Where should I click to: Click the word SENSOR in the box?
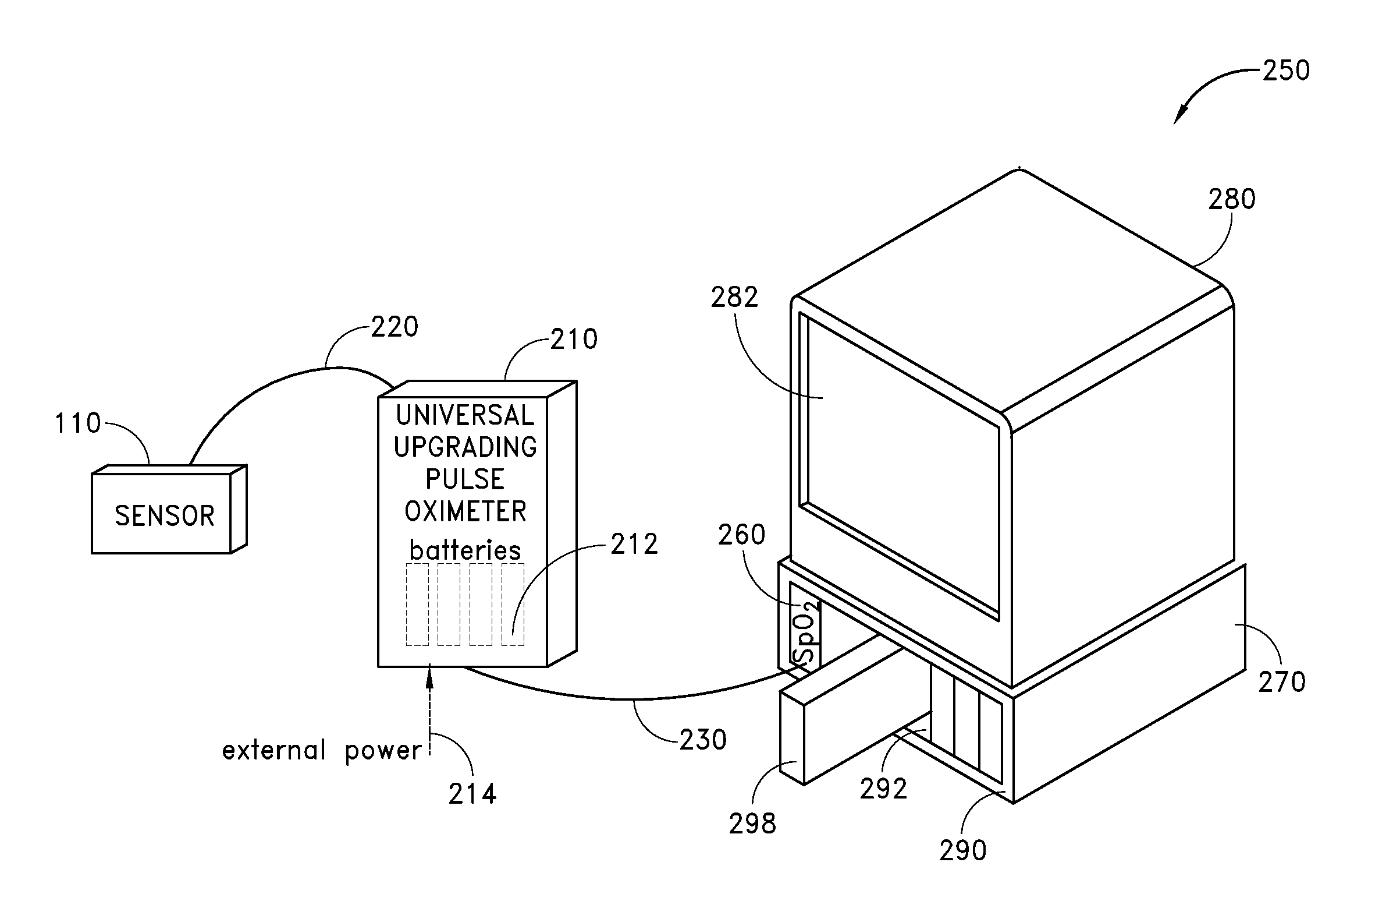tap(165, 516)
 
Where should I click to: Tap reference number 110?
tap(78, 423)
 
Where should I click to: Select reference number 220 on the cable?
tap(395, 327)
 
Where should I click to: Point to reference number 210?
tap(574, 340)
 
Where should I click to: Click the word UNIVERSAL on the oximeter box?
tap(465, 416)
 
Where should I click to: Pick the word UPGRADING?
tap(465, 447)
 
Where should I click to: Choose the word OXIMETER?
tap(465, 512)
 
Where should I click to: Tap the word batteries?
tap(465, 550)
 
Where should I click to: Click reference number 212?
tap(634, 545)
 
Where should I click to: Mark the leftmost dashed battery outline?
tap(417, 605)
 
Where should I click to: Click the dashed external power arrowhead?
tap(430, 679)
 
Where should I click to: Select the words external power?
tap(322, 751)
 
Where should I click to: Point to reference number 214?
tap(472, 794)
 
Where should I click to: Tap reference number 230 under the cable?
tap(703, 740)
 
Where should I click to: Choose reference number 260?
tap(741, 535)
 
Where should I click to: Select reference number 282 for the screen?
tap(734, 298)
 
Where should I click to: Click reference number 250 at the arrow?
tap(1286, 71)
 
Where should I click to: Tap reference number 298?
tap(752, 824)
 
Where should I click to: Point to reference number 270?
tap(1282, 683)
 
